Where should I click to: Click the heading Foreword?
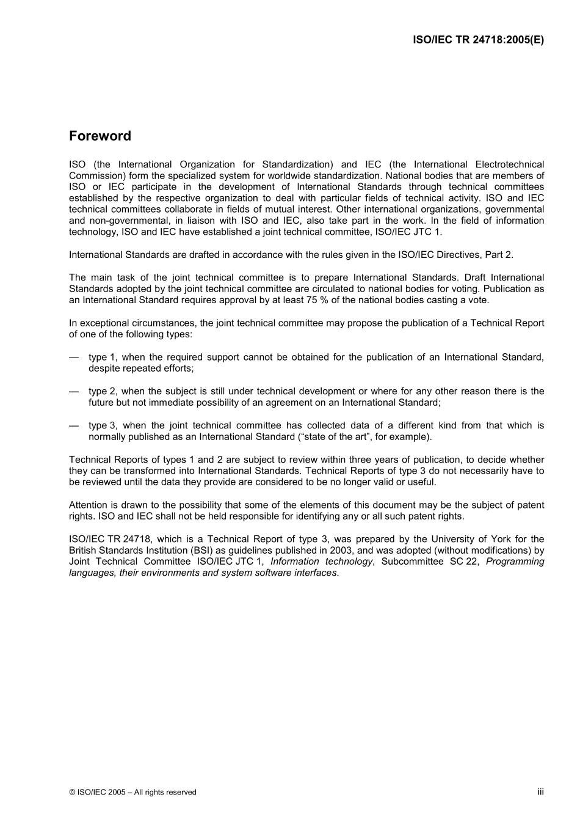(x=100, y=136)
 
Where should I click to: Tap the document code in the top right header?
(x=478, y=40)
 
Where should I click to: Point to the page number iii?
(x=540, y=791)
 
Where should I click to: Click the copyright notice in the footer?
(x=132, y=792)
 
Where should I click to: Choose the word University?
(x=469, y=539)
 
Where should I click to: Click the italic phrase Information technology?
(x=321, y=562)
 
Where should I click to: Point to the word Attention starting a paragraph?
(x=90, y=505)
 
